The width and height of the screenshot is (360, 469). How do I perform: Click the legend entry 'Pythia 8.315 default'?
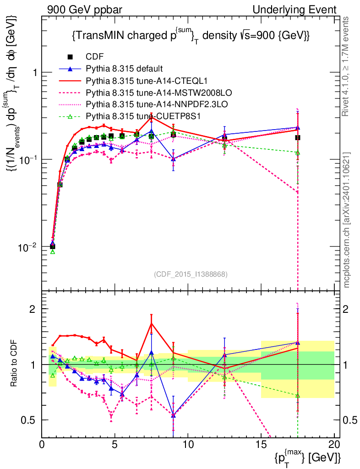pyautogui.click(x=124, y=69)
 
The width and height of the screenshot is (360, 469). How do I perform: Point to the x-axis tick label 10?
pyautogui.click(x=188, y=445)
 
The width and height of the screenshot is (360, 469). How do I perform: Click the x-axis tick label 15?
pyautogui.click(x=261, y=445)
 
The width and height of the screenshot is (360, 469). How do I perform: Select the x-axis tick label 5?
pyautogui.click(x=115, y=445)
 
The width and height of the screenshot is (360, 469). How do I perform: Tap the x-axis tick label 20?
pyautogui.click(x=334, y=445)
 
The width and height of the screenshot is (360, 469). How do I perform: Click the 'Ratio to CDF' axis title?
pyautogui.click(x=14, y=364)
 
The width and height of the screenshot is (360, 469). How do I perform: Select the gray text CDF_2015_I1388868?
pyautogui.click(x=191, y=274)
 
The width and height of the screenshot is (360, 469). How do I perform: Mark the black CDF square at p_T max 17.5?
pyautogui.click(x=298, y=137)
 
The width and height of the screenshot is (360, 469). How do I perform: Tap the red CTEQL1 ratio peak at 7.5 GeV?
pyautogui.click(x=152, y=323)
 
